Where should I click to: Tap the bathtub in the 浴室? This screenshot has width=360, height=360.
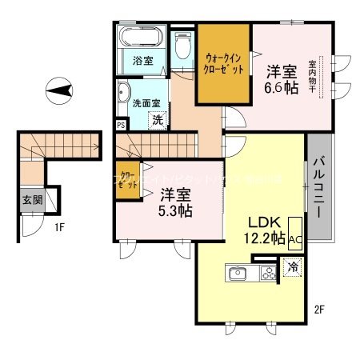(x=142, y=37)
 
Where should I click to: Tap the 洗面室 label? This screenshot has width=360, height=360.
(x=146, y=103)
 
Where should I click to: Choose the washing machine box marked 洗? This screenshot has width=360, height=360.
(x=158, y=119)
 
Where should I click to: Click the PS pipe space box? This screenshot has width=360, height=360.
(x=121, y=125)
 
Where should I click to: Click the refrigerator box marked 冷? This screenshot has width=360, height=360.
(x=293, y=268)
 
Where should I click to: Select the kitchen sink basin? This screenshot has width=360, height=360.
(x=238, y=274)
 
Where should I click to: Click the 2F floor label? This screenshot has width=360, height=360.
(x=318, y=307)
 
